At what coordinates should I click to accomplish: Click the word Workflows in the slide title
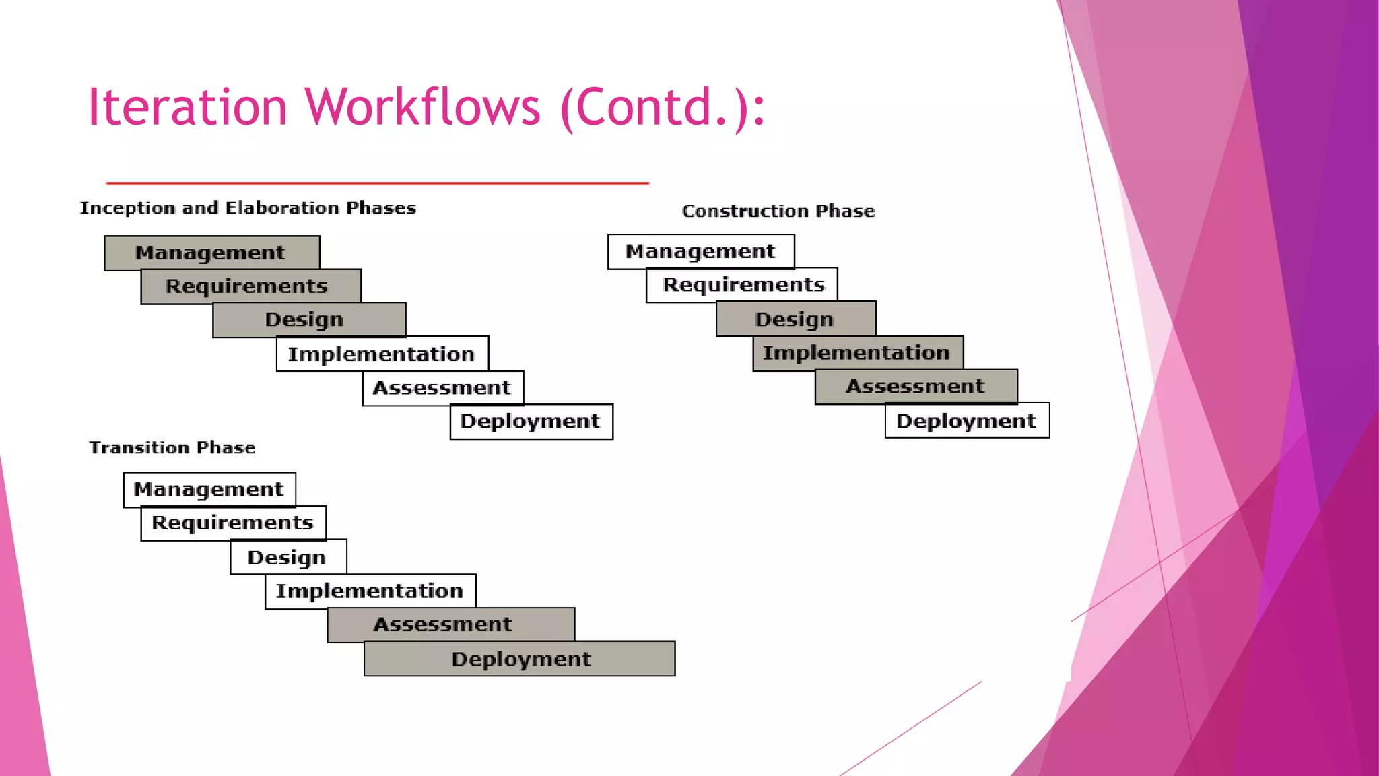coord(422,106)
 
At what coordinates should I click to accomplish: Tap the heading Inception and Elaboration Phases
coord(248,208)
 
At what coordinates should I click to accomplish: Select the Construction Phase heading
coord(778,211)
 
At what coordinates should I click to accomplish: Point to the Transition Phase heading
coord(172,447)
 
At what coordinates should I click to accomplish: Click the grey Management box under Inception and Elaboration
coord(211,253)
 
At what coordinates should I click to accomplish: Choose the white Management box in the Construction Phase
coord(700,251)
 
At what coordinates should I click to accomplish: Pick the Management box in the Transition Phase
coord(209,489)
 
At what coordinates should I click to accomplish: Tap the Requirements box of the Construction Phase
coord(743,285)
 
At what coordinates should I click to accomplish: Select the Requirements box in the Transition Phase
coord(233,523)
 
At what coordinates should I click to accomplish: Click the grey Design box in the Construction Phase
coord(795,319)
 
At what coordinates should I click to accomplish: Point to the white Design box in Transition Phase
coord(288,557)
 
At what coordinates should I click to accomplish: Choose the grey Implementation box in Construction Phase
coord(857,352)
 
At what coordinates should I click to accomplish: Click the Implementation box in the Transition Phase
coord(370,591)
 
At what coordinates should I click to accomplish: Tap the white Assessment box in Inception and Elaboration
coord(442,388)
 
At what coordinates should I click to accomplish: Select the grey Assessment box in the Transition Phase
coord(450,624)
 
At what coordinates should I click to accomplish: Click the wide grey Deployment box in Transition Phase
coord(520,659)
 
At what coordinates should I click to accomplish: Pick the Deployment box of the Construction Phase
coord(966,421)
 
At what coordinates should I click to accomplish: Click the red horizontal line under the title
coord(377,183)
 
